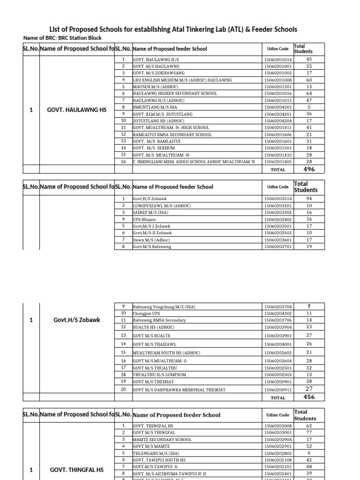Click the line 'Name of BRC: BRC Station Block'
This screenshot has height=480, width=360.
[62, 38]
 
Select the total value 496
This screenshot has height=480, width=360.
[309, 169]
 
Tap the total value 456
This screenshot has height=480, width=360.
[309, 397]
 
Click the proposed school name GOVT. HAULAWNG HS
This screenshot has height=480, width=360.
[77, 110]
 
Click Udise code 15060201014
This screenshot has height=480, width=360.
[277, 60]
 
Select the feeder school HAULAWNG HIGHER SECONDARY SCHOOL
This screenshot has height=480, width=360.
[175, 93]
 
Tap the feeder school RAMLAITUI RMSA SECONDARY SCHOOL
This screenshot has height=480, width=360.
[172, 134]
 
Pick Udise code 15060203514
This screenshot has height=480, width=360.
[277, 199]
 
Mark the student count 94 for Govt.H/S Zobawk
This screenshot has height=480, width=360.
[309, 199]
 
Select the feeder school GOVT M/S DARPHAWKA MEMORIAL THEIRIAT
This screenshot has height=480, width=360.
[179, 390]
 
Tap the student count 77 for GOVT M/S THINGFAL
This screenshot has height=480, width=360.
[309, 433]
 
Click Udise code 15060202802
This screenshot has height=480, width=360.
[277, 453]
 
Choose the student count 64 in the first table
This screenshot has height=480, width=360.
[309, 93]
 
